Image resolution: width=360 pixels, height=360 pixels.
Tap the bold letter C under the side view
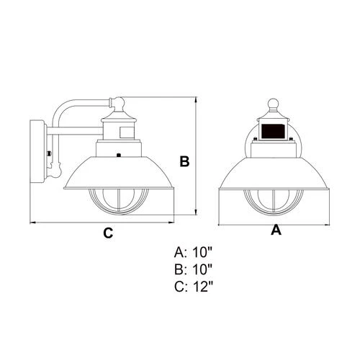tap(107, 233)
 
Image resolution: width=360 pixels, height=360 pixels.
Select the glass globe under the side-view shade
tap(119, 200)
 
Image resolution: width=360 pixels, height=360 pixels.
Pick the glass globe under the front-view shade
tap(274, 200)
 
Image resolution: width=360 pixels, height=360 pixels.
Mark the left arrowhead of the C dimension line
tap(32, 222)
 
